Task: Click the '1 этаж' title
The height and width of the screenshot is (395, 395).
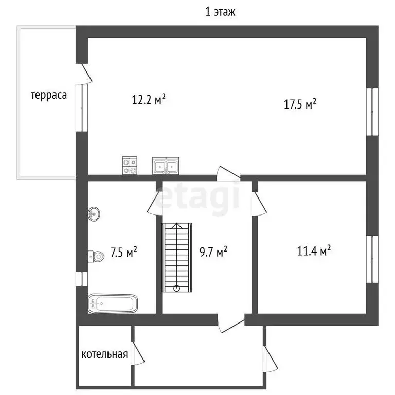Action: [x=220, y=12]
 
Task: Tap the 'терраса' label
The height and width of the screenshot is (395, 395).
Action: [x=49, y=95]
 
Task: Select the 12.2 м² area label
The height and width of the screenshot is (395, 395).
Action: [x=149, y=99]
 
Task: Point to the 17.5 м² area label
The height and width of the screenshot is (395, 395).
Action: [x=300, y=104]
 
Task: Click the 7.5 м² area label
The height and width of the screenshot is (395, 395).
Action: [x=124, y=252]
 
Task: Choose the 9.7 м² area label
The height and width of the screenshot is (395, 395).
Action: [x=213, y=252]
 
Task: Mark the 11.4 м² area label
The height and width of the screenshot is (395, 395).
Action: [x=314, y=251]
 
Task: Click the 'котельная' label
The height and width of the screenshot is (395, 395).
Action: [x=104, y=354]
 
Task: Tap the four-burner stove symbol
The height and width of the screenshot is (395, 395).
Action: [x=130, y=165]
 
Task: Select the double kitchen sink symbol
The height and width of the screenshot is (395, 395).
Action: [x=166, y=166]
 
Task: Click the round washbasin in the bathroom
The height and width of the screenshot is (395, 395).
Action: [x=94, y=214]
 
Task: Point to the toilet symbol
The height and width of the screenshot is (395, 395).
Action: [x=96, y=257]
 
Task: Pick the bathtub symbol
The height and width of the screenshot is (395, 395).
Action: [x=113, y=303]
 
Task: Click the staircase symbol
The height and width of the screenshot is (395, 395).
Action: [x=176, y=258]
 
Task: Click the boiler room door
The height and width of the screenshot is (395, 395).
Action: [x=137, y=353]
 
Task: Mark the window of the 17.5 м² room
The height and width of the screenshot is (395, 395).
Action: [x=372, y=112]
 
